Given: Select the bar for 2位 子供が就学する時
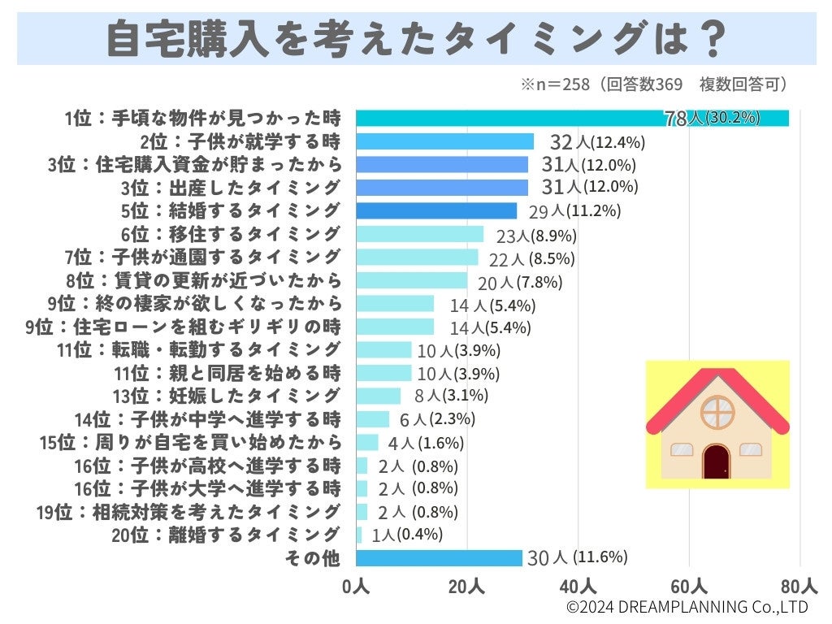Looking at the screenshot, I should click(x=444, y=141).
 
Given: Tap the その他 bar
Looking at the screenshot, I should click(x=439, y=558).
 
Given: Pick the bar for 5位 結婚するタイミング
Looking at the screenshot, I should click(x=436, y=211).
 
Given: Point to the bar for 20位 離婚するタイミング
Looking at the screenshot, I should click(x=359, y=535).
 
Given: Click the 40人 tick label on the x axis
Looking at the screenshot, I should click(x=578, y=587).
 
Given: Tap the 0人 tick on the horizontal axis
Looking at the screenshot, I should click(x=356, y=587).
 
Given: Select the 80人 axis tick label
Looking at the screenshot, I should click(x=799, y=587).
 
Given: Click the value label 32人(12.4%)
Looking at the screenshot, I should click(x=597, y=142).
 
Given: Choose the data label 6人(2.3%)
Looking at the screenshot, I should click(x=437, y=419).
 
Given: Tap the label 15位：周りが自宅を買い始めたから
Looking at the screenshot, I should click(x=189, y=443).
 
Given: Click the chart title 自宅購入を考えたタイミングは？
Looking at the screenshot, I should click(x=415, y=38).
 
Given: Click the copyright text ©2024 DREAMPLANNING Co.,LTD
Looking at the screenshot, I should click(x=687, y=607).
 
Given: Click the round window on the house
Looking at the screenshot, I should click(x=717, y=413).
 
